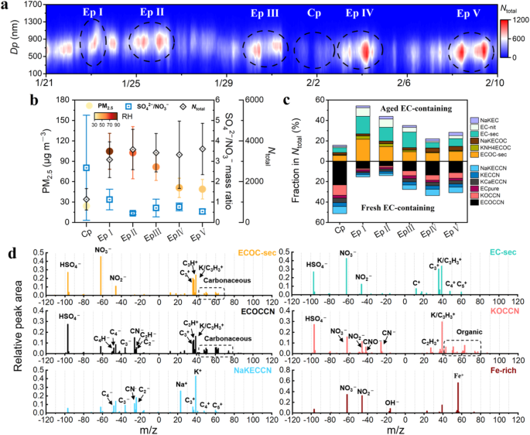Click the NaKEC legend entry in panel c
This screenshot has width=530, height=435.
pos(488,121)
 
